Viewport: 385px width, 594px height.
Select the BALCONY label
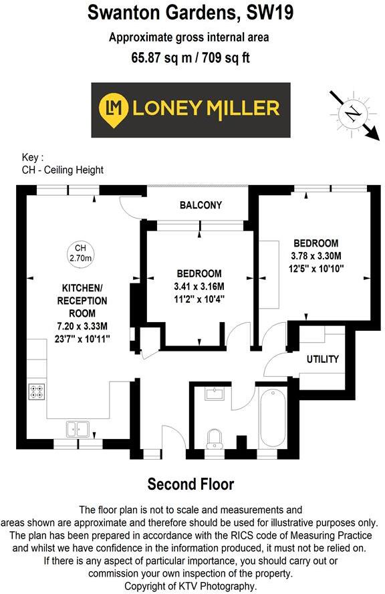point(201,205)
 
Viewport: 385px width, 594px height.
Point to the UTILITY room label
point(323,359)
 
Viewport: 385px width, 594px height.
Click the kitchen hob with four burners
point(35,391)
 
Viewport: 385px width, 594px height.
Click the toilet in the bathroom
point(215,438)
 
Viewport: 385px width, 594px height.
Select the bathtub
point(272,420)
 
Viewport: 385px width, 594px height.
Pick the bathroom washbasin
point(215,394)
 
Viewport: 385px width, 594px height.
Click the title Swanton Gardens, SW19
point(190,12)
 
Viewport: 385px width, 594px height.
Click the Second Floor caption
point(190,484)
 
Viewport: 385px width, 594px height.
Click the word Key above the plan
point(31,158)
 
